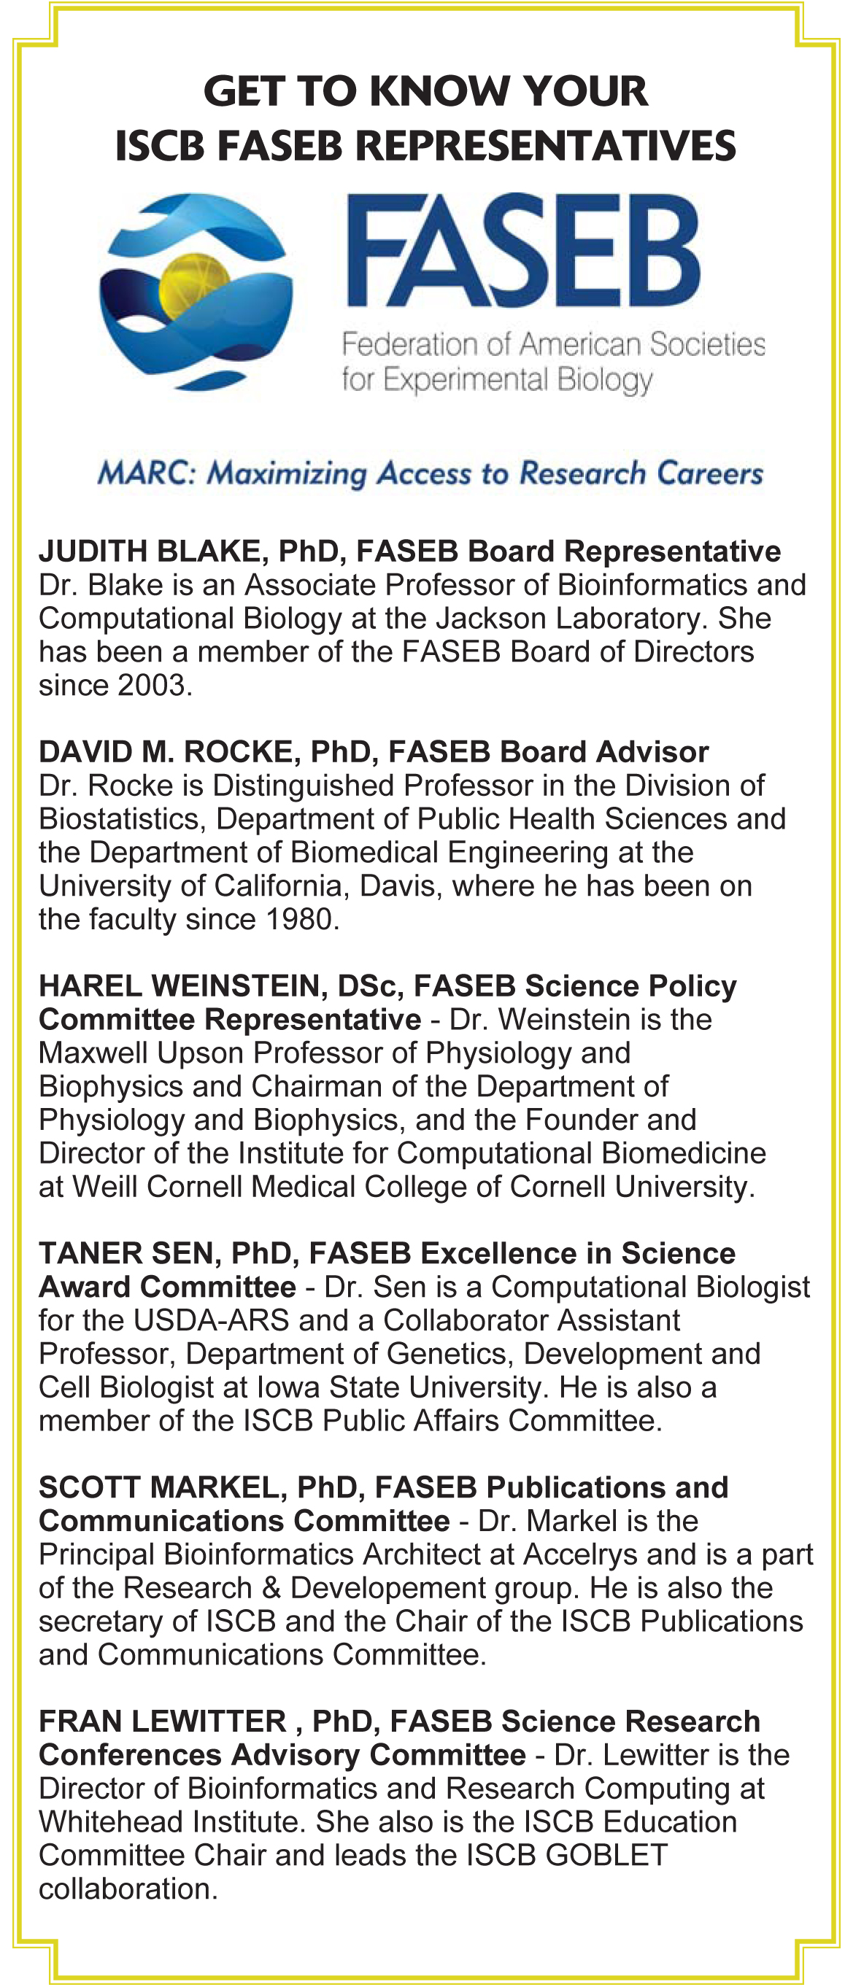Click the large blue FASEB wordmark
[522, 252]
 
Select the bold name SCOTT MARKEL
[163, 1487]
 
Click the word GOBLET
[606, 1855]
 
